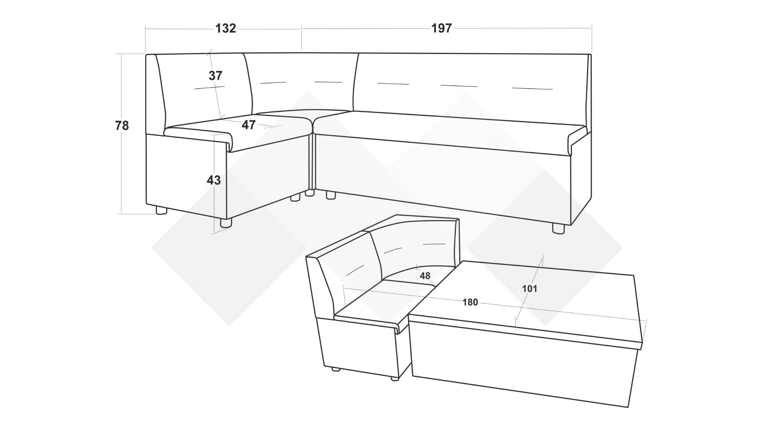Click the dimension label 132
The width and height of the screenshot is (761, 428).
click(226, 28)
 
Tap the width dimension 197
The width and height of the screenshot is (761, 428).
click(442, 28)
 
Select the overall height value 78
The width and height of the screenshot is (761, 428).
click(122, 126)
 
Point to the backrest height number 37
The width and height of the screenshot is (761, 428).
click(216, 75)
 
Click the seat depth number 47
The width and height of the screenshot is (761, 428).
click(249, 125)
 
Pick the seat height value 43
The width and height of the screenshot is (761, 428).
click(214, 180)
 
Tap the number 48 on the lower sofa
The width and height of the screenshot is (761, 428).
click(425, 276)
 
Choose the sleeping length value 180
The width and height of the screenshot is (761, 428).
click(470, 302)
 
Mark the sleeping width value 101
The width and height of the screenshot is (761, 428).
click(530, 289)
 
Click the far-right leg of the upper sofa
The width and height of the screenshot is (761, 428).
click(558, 229)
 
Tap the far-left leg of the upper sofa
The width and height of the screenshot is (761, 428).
click(161, 210)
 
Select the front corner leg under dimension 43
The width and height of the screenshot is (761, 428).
click(226, 223)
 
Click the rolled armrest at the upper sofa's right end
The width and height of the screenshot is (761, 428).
click(578, 141)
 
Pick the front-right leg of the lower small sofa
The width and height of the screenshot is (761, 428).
click(394, 378)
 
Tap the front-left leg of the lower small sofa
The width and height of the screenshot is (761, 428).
click(336, 369)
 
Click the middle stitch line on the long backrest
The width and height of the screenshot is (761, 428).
click(459, 86)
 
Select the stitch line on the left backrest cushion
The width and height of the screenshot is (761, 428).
click(209, 88)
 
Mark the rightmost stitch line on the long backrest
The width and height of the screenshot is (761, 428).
click(532, 88)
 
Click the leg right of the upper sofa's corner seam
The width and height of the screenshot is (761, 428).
click(331, 195)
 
